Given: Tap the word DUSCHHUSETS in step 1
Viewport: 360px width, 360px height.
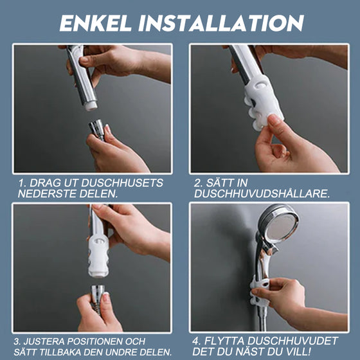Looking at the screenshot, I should click(125, 183).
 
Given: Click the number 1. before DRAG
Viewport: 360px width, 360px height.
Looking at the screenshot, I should click(22, 183).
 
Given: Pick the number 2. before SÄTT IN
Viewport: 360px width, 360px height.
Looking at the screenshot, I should click(199, 183).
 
